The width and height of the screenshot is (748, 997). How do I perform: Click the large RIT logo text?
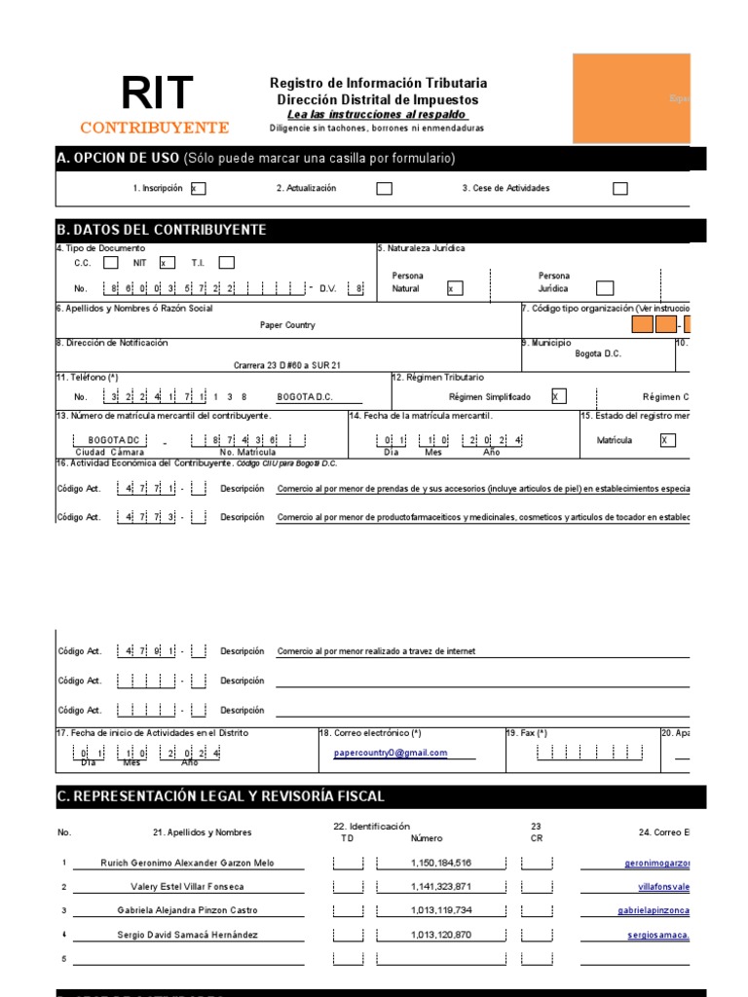click(157, 94)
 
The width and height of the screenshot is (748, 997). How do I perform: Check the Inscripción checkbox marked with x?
click(198, 189)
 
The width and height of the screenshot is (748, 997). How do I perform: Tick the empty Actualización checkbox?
click(385, 189)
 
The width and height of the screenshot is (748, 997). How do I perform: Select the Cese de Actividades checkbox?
click(620, 189)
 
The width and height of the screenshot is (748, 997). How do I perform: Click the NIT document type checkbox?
click(167, 263)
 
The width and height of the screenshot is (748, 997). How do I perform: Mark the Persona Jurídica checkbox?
click(605, 288)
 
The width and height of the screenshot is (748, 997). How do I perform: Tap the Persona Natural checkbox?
click(455, 288)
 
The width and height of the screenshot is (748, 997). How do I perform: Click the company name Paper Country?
click(287, 325)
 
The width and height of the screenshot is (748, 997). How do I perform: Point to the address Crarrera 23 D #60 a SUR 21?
click(287, 365)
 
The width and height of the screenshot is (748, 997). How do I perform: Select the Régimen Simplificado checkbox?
click(558, 397)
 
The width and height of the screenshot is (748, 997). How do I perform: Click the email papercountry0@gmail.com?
click(391, 753)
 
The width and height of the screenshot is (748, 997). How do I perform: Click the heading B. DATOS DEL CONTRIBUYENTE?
click(162, 230)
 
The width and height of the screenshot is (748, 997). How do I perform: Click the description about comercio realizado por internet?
click(376, 651)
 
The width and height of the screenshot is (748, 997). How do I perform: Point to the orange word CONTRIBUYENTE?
click(155, 128)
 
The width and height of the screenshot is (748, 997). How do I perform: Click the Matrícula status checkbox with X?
click(667, 440)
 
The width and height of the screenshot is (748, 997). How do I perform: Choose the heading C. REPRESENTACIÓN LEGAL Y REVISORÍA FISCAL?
click(221, 796)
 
